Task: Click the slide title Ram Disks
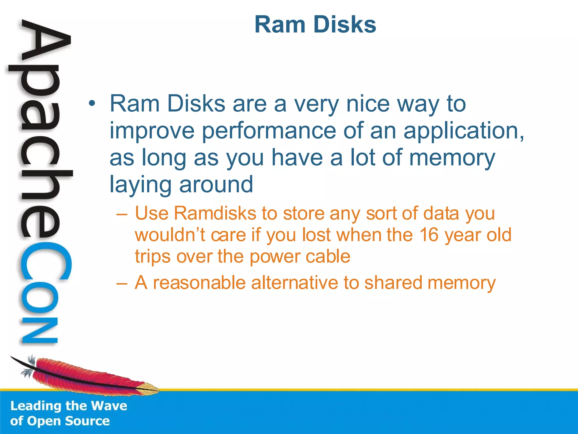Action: pyautogui.click(x=315, y=25)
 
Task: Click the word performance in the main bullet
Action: pyautogui.click(x=269, y=131)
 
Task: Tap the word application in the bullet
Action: pyautogui.click(x=463, y=131)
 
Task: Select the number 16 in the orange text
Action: pyautogui.click(x=429, y=235)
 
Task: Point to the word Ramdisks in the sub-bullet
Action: pyautogui.click(x=215, y=213)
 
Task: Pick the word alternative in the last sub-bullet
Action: pyautogui.click(x=295, y=283)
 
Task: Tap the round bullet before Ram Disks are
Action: pyautogui.click(x=91, y=104)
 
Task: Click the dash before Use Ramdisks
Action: pyautogui.click(x=122, y=214)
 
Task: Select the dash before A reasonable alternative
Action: pyautogui.click(x=122, y=283)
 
